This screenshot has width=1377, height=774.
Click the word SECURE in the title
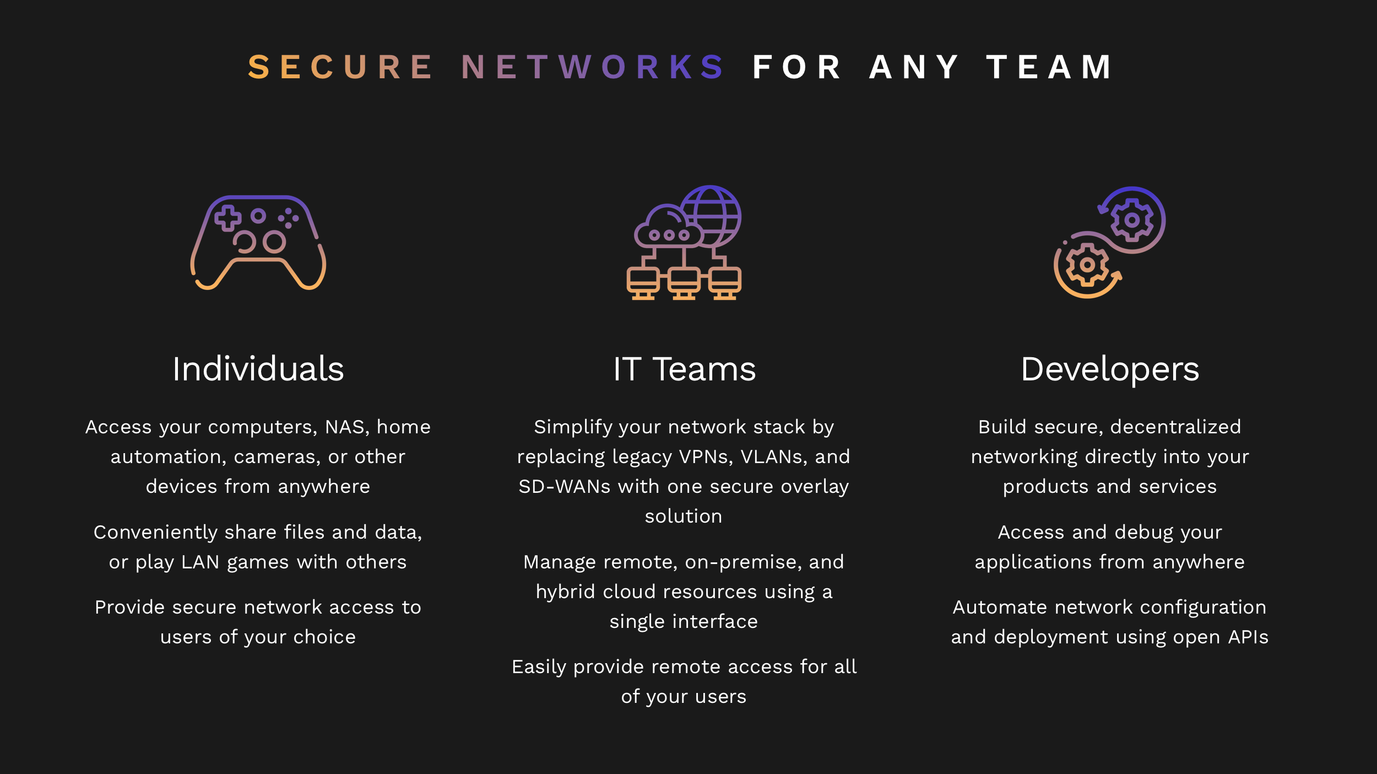pos(340,67)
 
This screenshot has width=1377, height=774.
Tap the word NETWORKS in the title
pos(593,67)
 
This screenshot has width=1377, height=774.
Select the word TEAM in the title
pos(1049,67)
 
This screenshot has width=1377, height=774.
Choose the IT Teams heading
pos(685,369)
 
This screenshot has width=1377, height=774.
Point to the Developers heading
pos(1110,370)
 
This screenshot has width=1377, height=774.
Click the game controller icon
pos(258,242)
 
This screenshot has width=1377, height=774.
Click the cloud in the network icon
pos(668,227)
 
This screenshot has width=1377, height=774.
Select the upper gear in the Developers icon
pos(1131,220)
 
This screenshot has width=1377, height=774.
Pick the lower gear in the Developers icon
pos(1087,265)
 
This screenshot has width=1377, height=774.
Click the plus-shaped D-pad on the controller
pos(227,218)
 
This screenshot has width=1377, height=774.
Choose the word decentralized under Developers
pos(1176,427)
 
